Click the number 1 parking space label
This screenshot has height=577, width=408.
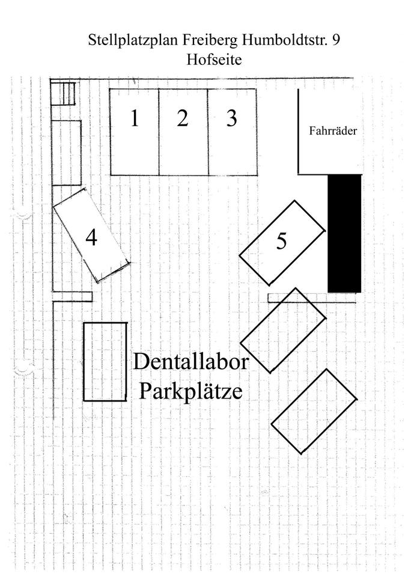[135, 118]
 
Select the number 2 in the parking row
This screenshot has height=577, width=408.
[183, 118]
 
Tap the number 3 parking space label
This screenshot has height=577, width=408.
[231, 118]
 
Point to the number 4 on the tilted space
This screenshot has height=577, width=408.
[91, 238]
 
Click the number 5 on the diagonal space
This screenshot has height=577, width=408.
[282, 242]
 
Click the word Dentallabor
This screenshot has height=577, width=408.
[191, 362]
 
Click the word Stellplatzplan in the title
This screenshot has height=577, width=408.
[124, 41]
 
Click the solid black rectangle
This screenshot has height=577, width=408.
[344, 233]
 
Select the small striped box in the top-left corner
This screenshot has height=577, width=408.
[62, 93]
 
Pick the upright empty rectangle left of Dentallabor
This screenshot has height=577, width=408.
[105, 362]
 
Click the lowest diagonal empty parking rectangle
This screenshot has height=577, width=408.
[314, 411]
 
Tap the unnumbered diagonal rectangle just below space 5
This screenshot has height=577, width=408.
[283, 331]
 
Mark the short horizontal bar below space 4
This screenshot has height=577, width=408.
[72, 296]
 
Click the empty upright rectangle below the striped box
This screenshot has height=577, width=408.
[67, 153]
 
